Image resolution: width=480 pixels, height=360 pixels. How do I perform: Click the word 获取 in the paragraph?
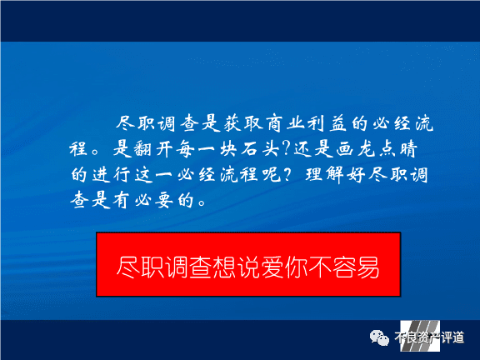243,123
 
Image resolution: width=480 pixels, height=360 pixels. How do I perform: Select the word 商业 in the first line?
285,123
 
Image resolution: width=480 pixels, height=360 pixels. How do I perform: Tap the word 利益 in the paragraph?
327,123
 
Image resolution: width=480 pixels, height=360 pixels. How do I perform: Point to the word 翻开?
144,149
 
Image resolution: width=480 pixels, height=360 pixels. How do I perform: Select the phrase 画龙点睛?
377,149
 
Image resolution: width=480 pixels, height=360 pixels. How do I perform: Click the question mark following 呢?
287,174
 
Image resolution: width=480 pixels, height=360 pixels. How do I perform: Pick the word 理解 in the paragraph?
324,175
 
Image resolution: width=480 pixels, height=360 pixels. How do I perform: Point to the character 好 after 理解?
356,175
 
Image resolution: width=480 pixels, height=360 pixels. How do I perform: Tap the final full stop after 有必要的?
202,203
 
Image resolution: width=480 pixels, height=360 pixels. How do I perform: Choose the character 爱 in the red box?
272,267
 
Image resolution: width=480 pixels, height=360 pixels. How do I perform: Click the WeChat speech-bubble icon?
379,337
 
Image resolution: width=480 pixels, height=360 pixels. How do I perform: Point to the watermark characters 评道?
452,337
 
